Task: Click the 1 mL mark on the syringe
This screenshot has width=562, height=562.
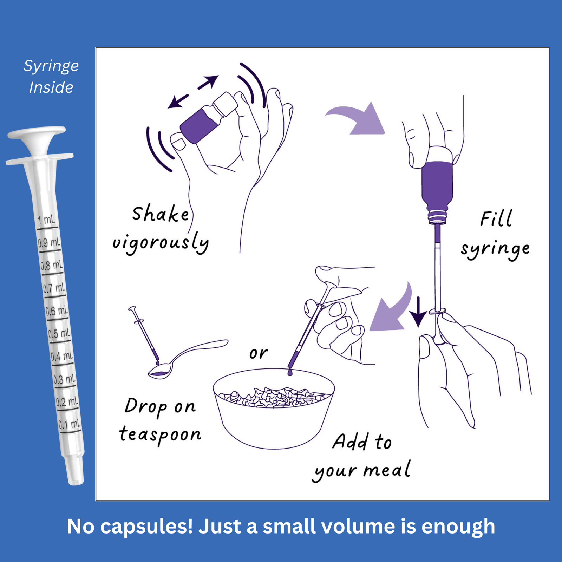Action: point(46,220)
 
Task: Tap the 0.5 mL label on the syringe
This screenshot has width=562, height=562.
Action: point(59,333)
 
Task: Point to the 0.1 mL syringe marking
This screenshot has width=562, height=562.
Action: point(69,424)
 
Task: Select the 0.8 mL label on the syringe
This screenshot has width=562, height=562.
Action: point(52,265)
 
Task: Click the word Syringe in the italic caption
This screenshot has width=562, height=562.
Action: point(51,66)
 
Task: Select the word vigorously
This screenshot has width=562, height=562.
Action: point(161,243)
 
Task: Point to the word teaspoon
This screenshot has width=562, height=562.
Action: point(160,434)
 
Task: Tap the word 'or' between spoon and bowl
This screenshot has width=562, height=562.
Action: point(259,353)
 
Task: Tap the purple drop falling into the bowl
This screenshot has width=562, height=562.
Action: point(290,372)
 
